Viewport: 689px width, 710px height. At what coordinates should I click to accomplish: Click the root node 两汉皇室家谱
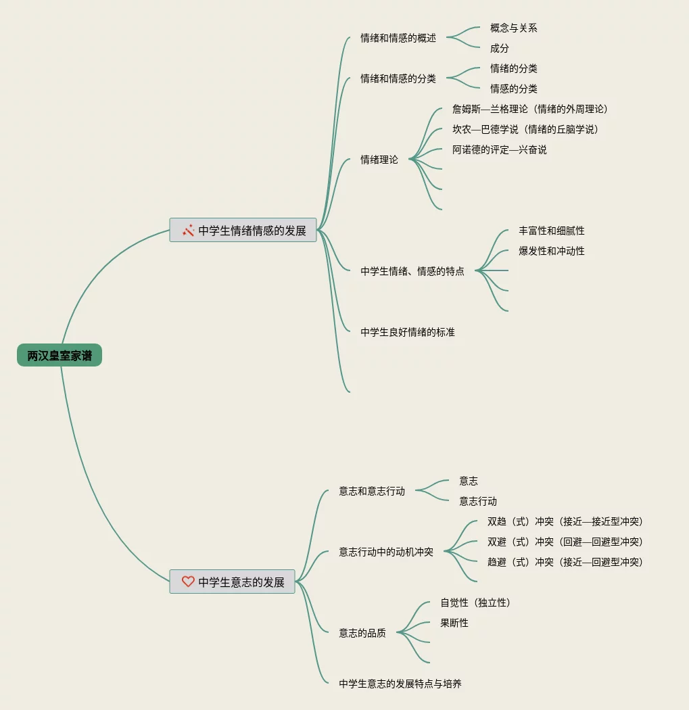click(x=60, y=356)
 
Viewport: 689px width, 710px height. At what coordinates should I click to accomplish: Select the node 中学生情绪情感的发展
click(x=252, y=231)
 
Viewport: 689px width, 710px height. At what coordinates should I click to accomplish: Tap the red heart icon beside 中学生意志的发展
click(x=188, y=582)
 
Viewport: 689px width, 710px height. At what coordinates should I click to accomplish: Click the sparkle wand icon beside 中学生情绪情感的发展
click(x=189, y=231)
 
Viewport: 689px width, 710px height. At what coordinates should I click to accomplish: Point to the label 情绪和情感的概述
click(x=398, y=39)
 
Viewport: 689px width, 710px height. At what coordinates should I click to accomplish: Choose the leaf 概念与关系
click(x=514, y=28)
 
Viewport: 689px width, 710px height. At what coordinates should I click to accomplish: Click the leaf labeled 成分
click(x=500, y=49)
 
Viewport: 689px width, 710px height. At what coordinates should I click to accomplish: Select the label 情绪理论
click(x=379, y=160)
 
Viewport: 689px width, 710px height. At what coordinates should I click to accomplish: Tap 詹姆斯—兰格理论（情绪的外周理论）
click(x=530, y=110)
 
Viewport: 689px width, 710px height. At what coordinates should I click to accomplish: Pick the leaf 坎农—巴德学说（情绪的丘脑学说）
click(x=525, y=130)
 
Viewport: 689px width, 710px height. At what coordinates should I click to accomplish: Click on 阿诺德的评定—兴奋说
click(x=499, y=150)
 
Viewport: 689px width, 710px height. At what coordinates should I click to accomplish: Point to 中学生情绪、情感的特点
click(x=412, y=272)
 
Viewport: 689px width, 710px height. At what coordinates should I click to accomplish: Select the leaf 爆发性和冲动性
click(x=552, y=252)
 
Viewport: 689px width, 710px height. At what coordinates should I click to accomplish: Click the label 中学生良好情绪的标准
click(x=408, y=333)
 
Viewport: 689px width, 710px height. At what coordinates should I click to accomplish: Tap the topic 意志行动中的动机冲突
click(x=386, y=552)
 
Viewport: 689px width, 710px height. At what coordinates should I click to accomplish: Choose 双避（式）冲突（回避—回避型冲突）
click(x=565, y=542)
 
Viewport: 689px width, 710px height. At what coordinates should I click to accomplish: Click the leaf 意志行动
click(x=478, y=502)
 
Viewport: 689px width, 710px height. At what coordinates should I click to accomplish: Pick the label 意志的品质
click(x=362, y=634)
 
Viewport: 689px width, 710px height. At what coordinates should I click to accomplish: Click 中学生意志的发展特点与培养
click(x=400, y=684)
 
